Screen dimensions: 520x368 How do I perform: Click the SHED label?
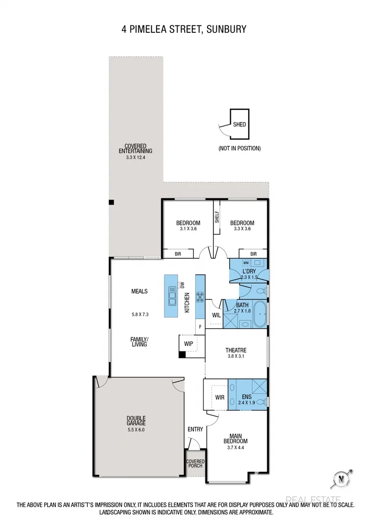[239, 124]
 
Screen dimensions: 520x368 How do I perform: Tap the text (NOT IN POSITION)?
[239, 148]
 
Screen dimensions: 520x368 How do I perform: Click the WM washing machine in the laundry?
[246, 263]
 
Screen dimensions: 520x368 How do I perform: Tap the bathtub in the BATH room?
[260, 315]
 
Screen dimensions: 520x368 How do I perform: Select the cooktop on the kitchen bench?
[200, 296]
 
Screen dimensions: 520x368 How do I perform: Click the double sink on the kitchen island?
[172, 296]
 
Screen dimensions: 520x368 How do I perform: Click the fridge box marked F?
[200, 326]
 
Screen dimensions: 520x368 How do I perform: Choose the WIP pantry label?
[188, 344]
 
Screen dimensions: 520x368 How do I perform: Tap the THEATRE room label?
[236, 350]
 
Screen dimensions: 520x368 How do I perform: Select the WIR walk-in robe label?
[219, 397]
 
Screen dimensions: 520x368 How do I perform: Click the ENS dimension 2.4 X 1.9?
[247, 402]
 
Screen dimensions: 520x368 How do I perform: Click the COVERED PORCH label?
[195, 464]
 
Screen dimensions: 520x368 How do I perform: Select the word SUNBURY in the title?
[226, 29]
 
